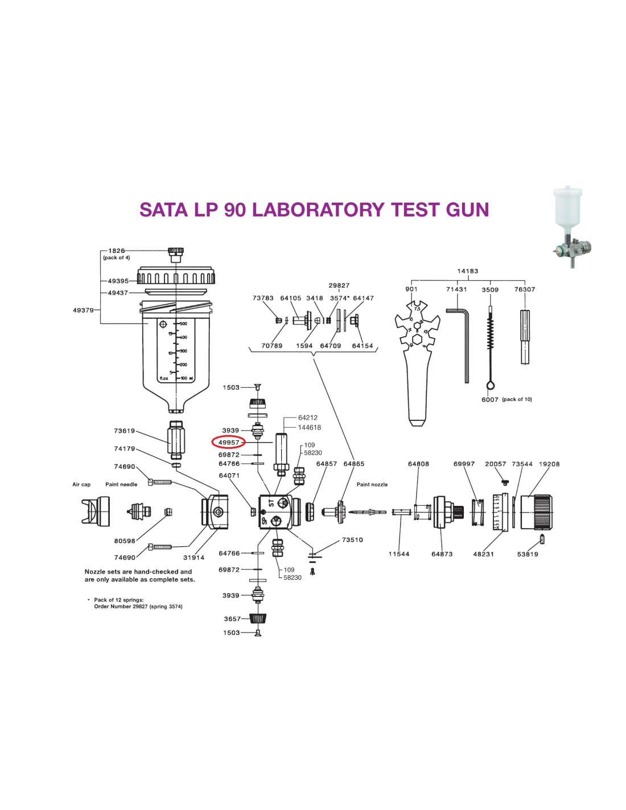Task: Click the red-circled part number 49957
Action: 229,442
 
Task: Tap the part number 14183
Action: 468,271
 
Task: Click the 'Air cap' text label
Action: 81,485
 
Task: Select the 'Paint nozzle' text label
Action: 372,485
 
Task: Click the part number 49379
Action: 83,310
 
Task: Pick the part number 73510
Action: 352,540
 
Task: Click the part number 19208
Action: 549,464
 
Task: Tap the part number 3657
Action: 232,619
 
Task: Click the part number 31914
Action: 193,558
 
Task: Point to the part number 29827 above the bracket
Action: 339,285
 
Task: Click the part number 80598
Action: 125,541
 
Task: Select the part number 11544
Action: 399,554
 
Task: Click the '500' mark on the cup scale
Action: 183,324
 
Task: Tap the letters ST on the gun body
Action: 271,503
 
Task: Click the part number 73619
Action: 125,431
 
